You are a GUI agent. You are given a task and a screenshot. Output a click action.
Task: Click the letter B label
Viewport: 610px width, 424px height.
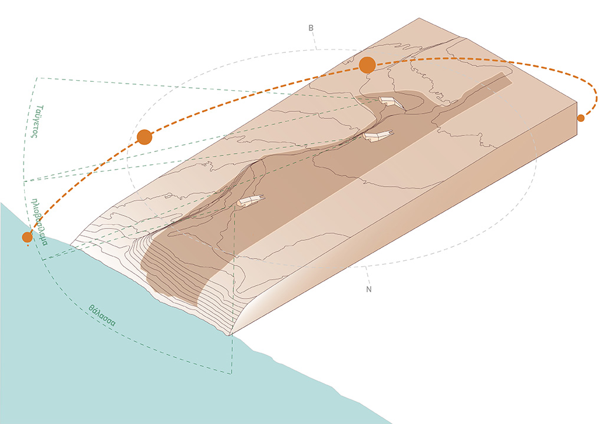pyautogui.click(x=311, y=28)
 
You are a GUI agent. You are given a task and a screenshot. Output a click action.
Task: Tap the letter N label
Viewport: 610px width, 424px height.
pyautogui.click(x=369, y=289)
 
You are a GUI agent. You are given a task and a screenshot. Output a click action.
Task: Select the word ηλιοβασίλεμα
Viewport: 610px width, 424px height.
pyautogui.click(x=41, y=221)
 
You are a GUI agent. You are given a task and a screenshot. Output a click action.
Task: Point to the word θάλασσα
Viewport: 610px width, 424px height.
pyautogui.click(x=102, y=316)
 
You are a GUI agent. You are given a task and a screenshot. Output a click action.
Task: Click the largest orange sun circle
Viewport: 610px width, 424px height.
pyautogui.click(x=367, y=65)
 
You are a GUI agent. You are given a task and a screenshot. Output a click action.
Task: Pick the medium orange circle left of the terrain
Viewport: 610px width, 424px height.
pyautogui.click(x=144, y=137)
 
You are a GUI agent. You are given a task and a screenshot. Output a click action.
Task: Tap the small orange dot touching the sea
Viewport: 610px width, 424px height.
pyautogui.click(x=27, y=237)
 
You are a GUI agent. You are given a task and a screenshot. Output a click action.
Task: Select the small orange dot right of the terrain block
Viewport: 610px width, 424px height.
pyautogui.click(x=581, y=118)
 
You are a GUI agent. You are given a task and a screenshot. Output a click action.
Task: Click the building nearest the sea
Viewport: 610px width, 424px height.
pyautogui.click(x=250, y=201)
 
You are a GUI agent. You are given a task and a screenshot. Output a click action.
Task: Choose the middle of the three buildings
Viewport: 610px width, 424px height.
pyautogui.click(x=378, y=135)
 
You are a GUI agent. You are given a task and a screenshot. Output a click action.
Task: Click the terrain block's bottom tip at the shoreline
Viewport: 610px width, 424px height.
pyautogui.click(x=229, y=334)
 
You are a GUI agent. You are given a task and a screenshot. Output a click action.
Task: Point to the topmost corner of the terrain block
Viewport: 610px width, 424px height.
pyautogui.click(x=419, y=18)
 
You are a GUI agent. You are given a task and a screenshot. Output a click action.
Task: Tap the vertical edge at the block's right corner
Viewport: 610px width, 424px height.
pyautogui.click(x=576, y=118)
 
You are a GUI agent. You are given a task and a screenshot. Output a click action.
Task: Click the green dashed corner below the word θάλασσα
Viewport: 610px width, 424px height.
pyautogui.click(x=232, y=373)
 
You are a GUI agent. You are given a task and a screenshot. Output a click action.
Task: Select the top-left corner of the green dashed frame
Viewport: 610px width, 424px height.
pyautogui.click(x=37, y=78)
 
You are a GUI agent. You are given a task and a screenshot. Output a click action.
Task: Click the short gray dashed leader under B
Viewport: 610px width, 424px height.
pyautogui.click(x=314, y=41)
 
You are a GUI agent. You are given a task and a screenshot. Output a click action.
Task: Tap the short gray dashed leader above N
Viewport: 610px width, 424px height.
pyautogui.click(x=367, y=275)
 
